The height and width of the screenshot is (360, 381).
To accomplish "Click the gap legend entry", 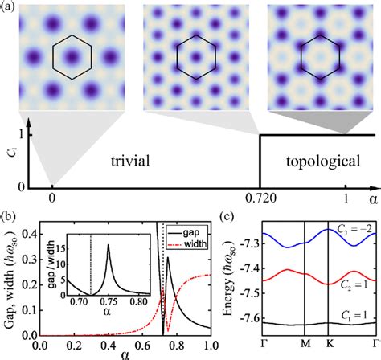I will click(195, 231).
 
